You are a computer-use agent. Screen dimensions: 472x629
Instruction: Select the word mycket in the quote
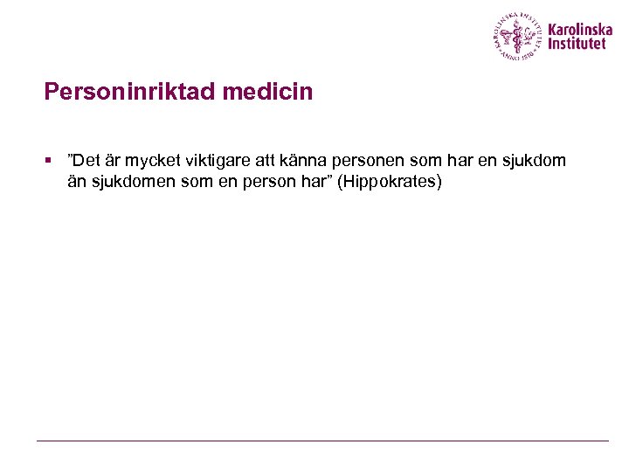pyautogui.click(x=150, y=162)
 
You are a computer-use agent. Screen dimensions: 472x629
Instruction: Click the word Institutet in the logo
pyautogui.click(x=576, y=44)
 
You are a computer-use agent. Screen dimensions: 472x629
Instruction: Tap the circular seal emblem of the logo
pyautogui.click(x=518, y=36)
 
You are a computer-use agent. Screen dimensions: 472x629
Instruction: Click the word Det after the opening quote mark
pyautogui.click(x=88, y=162)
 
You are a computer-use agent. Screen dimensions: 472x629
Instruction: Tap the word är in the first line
pyautogui.click(x=114, y=162)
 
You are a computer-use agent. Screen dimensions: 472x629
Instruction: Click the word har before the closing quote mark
pyautogui.click(x=318, y=183)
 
